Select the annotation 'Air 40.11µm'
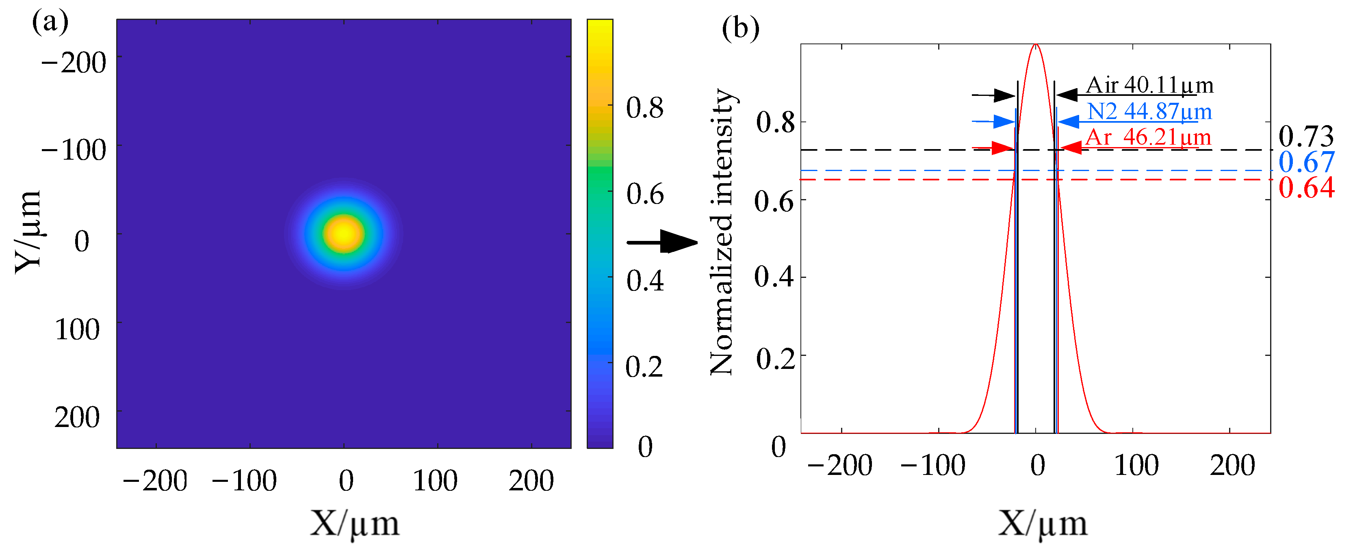point(1149,85)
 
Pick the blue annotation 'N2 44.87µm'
point(1149,111)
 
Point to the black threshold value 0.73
point(1306,137)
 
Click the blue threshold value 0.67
point(1306,162)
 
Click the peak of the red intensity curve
point(1035,45)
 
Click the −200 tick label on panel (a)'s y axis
point(74,63)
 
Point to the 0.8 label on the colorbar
point(644,108)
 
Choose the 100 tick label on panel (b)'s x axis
point(1136,465)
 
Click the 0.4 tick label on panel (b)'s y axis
point(774,277)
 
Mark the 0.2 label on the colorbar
point(644,366)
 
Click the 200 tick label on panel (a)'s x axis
point(531,481)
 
